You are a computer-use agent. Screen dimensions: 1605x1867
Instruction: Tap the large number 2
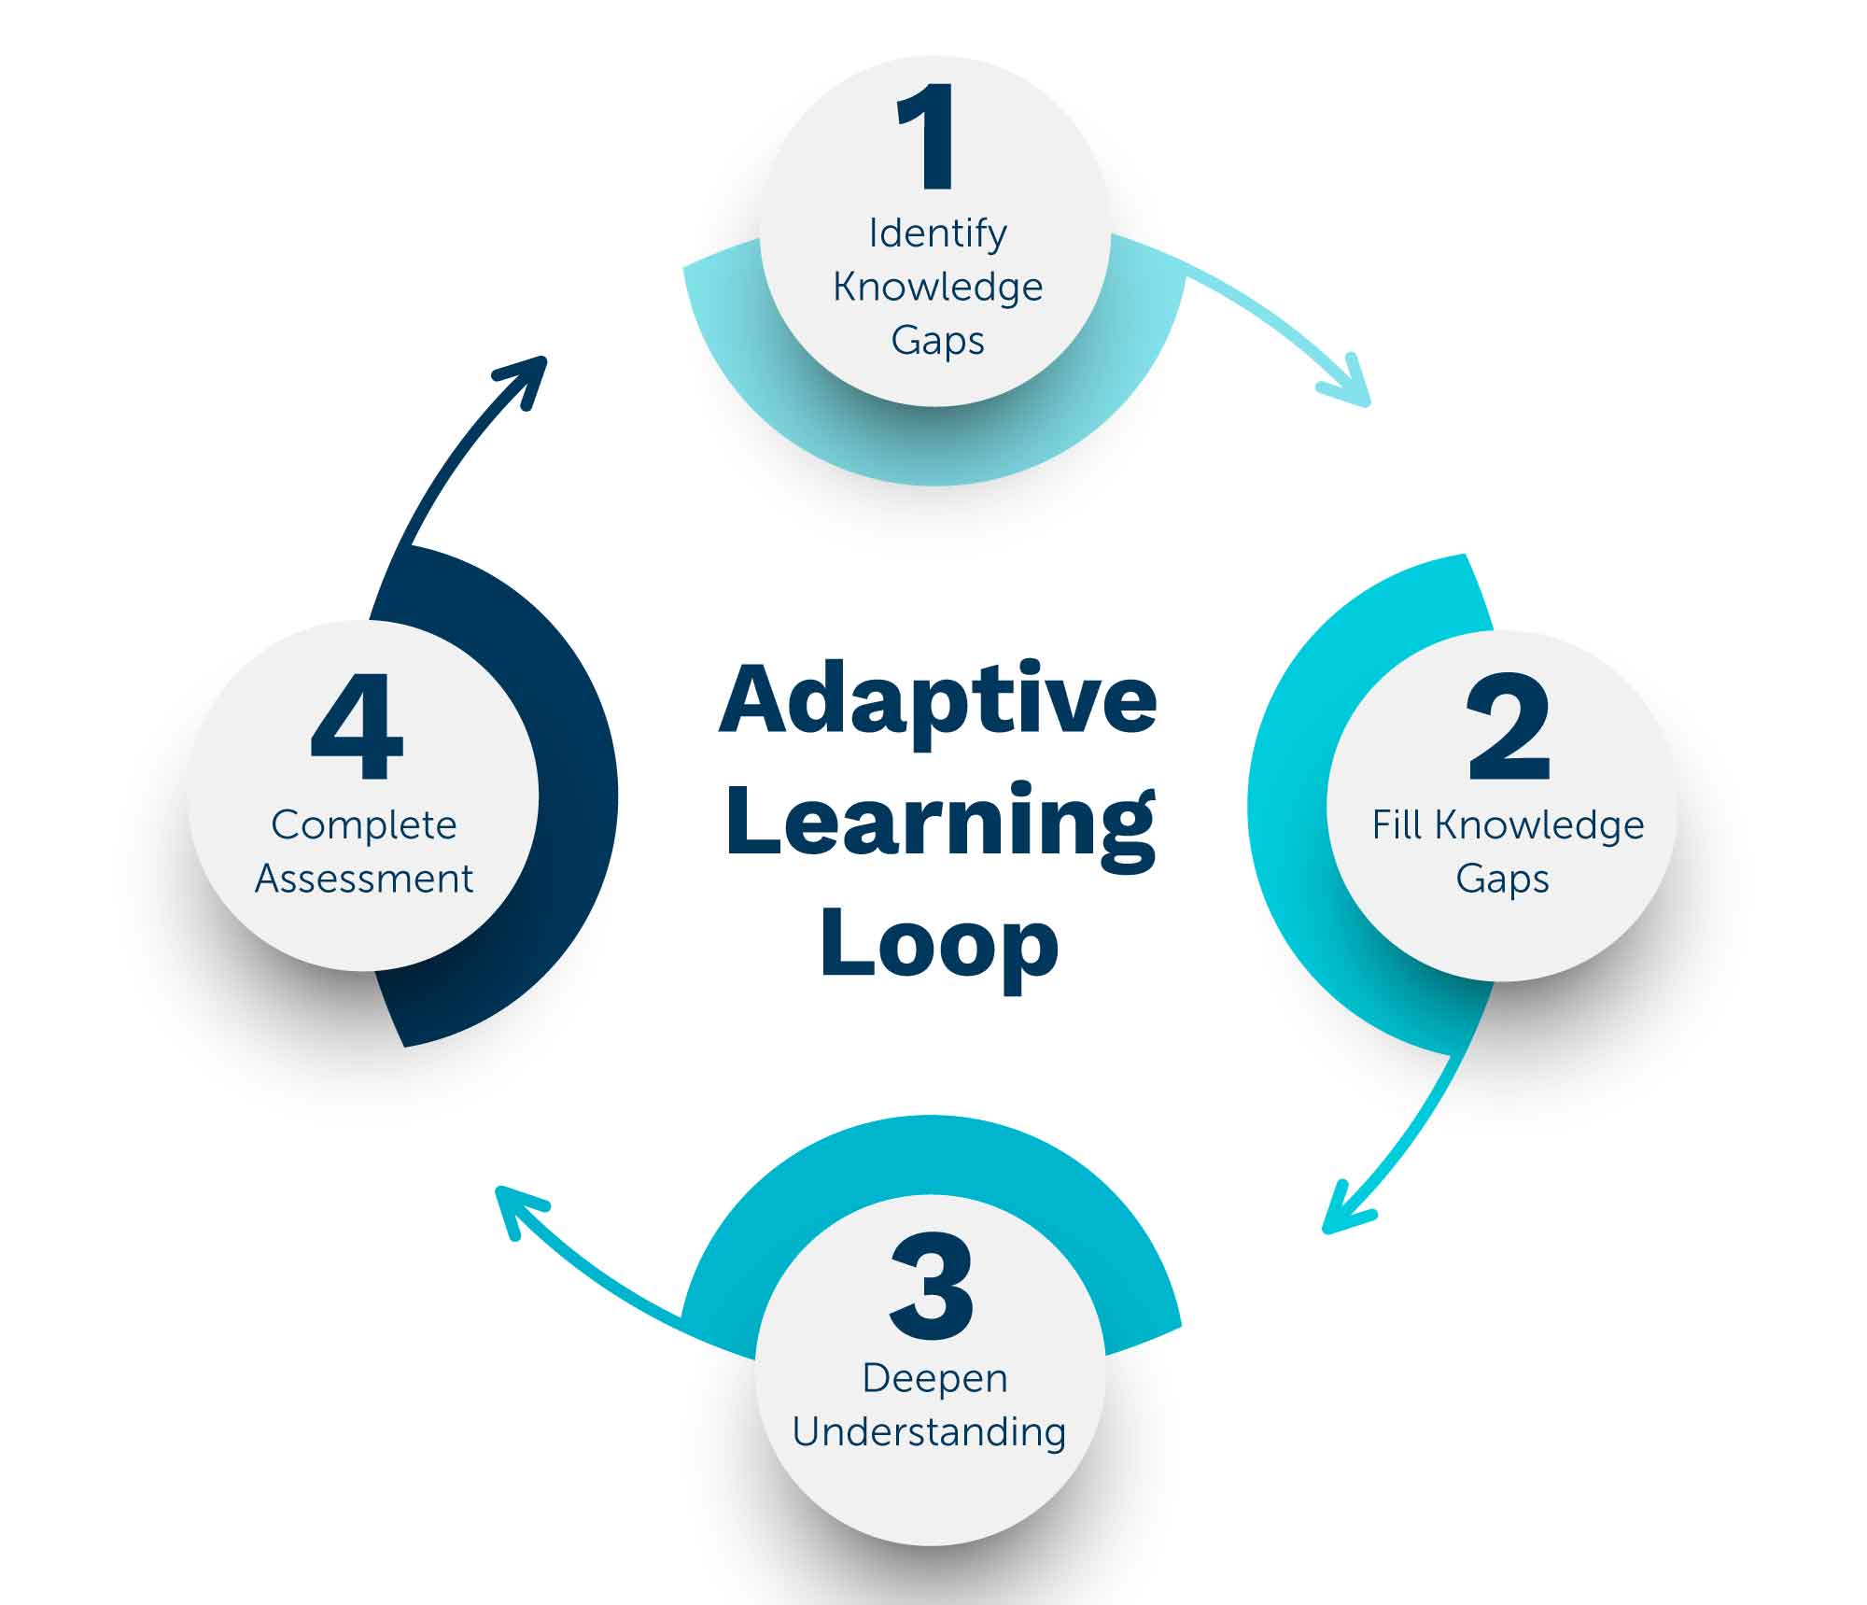click(x=1508, y=727)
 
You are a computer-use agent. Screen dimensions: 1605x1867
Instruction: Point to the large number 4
click(x=357, y=727)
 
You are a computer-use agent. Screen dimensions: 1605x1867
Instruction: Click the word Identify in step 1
click(x=937, y=233)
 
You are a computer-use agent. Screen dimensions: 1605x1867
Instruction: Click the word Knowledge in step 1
click(x=937, y=287)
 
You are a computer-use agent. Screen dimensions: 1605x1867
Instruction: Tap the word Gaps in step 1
click(x=937, y=341)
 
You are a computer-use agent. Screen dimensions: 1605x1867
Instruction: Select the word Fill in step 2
click(x=1397, y=825)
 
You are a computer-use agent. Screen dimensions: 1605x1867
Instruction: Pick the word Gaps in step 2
click(x=1502, y=880)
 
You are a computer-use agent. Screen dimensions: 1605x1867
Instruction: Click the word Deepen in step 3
click(x=934, y=1378)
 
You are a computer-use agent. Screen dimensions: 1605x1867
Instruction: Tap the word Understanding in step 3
click(x=929, y=1431)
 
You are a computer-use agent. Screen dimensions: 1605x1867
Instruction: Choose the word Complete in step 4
click(x=364, y=825)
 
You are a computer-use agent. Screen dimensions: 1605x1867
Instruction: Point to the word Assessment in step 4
click(x=364, y=880)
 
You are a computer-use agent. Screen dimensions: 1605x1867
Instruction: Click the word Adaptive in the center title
click(x=937, y=700)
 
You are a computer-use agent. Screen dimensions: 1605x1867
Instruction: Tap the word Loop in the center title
click(x=939, y=943)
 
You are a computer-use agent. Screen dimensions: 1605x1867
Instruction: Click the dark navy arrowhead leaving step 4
click(x=528, y=375)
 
